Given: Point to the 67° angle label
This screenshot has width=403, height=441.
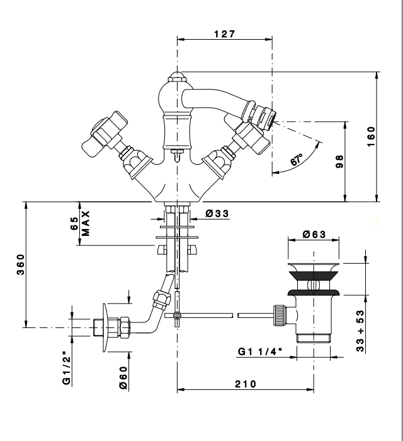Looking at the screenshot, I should (x=297, y=160).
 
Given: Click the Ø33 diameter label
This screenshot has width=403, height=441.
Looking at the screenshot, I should (x=217, y=214).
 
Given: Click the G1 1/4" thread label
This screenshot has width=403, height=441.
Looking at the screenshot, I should (x=261, y=351).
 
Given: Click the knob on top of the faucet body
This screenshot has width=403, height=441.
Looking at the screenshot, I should (x=177, y=80).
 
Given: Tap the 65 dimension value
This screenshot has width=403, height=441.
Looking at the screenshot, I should (x=74, y=223).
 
